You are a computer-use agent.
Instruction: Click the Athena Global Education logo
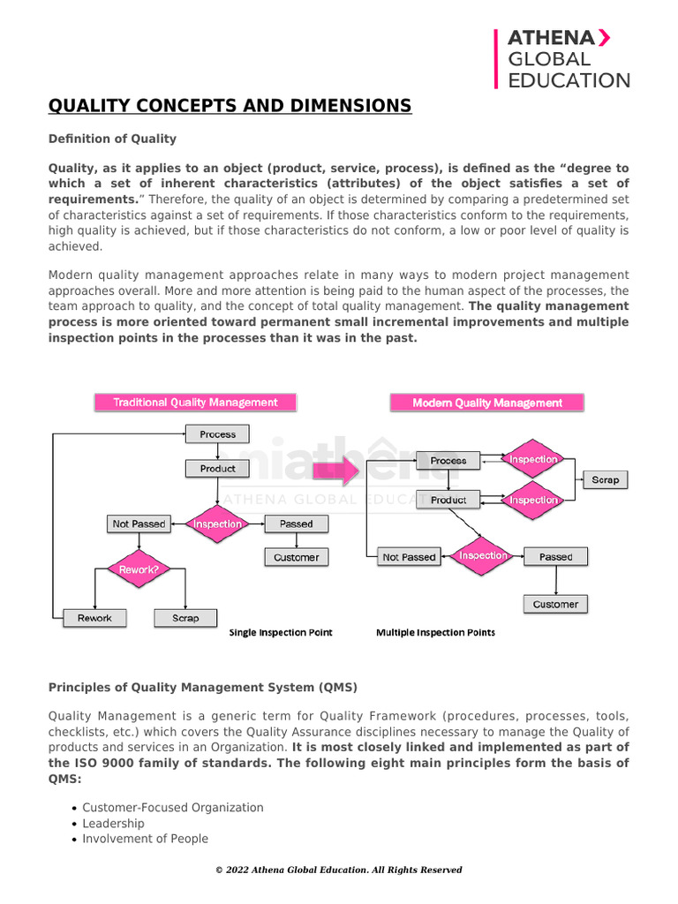point(562,59)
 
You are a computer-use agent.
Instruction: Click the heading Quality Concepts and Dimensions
point(230,107)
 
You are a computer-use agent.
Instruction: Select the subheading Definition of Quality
point(112,139)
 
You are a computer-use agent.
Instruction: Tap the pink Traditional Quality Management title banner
point(195,403)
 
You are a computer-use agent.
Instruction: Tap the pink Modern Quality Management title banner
point(487,403)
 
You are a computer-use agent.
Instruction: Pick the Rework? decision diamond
point(139,569)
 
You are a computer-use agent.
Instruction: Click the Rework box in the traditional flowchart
point(94,618)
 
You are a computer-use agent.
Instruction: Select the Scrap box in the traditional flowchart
point(185,618)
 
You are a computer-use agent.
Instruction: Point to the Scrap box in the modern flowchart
point(605,479)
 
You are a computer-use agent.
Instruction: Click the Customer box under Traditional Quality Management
point(296,557)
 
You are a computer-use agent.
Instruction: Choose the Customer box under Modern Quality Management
point(555,605)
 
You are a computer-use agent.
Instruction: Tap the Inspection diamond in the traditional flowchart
point(218,524)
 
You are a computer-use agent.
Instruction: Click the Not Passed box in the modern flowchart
point(408,557)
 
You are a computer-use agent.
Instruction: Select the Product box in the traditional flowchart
point(217,469)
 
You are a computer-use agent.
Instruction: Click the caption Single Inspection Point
point(281,633)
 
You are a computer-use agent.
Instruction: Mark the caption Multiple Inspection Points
point(435,633)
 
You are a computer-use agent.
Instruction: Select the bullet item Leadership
point(113,824)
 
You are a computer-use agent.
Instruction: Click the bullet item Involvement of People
point(146,840)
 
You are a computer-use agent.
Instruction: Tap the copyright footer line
point(339,870)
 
